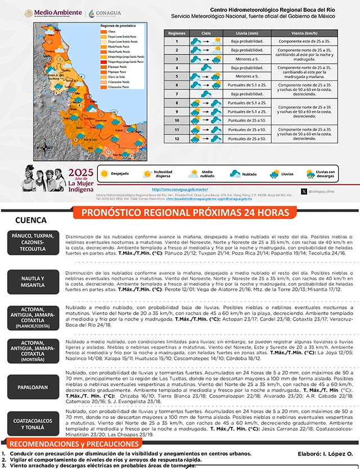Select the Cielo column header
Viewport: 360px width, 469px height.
point(206,34)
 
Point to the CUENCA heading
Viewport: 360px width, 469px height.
point(30,220)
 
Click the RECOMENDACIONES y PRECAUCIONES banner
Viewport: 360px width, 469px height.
point(73,444)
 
